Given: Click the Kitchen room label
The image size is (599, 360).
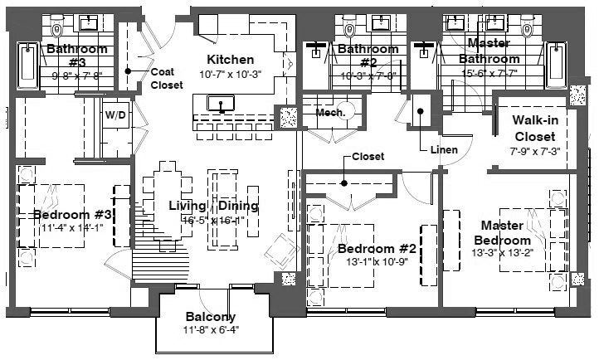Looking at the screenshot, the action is tap(231, 60).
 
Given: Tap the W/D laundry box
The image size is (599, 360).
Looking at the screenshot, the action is tap(116, 115).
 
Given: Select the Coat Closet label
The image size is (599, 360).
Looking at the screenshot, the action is tap(167, 78).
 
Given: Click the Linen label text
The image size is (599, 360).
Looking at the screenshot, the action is tap(445, 150).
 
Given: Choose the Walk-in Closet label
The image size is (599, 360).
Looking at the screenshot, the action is tap(534, 128).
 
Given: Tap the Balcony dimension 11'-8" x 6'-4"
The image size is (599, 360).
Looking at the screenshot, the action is tap(211, 331).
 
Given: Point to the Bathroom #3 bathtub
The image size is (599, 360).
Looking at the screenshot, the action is tap(25, 70).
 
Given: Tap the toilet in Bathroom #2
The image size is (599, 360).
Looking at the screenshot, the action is tap(349, 29).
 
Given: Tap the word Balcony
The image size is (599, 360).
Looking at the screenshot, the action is tap(211, 317).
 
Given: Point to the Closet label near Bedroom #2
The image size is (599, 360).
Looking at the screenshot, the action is tap(368, 157).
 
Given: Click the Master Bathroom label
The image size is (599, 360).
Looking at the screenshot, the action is tap(489, 51).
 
